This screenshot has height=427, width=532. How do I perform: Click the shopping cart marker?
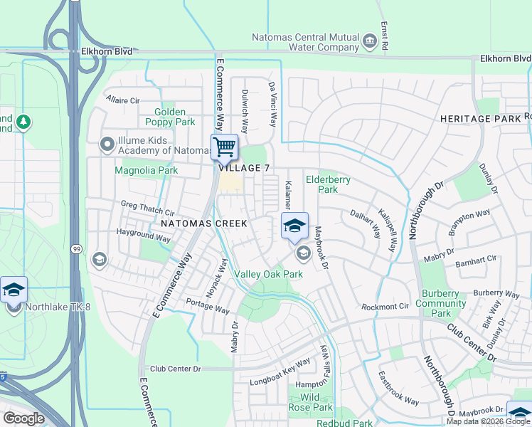pyautogui.click(x=224, y=147)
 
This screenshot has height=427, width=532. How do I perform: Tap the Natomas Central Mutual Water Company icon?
pyautogui.click(x=369, y=41)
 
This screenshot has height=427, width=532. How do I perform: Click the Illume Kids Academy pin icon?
pyautogui.click(x=107, y=144)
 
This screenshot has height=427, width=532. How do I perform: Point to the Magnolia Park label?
pyautogui.click(x=147, y=170)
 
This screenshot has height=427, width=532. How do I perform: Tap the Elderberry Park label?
pyautogui.click(x=327, y=185)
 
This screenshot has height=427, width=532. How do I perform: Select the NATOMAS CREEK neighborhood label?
pyautogui.click(x=203, y=223)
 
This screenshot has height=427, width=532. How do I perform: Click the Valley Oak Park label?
pyautogui.click(x=269, y=274)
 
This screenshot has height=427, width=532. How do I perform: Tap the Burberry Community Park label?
pyautogui.click(x=441, y=302)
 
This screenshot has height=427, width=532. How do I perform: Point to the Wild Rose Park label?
pyautogui.click(x=311, y=402)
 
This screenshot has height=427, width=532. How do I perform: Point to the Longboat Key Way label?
pyautogui.click(x=280, y=372)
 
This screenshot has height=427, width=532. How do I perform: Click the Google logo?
pyautogui.click(x=23, y=418)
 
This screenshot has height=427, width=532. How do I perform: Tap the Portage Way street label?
pyautogui.click(x=208, y=307)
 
